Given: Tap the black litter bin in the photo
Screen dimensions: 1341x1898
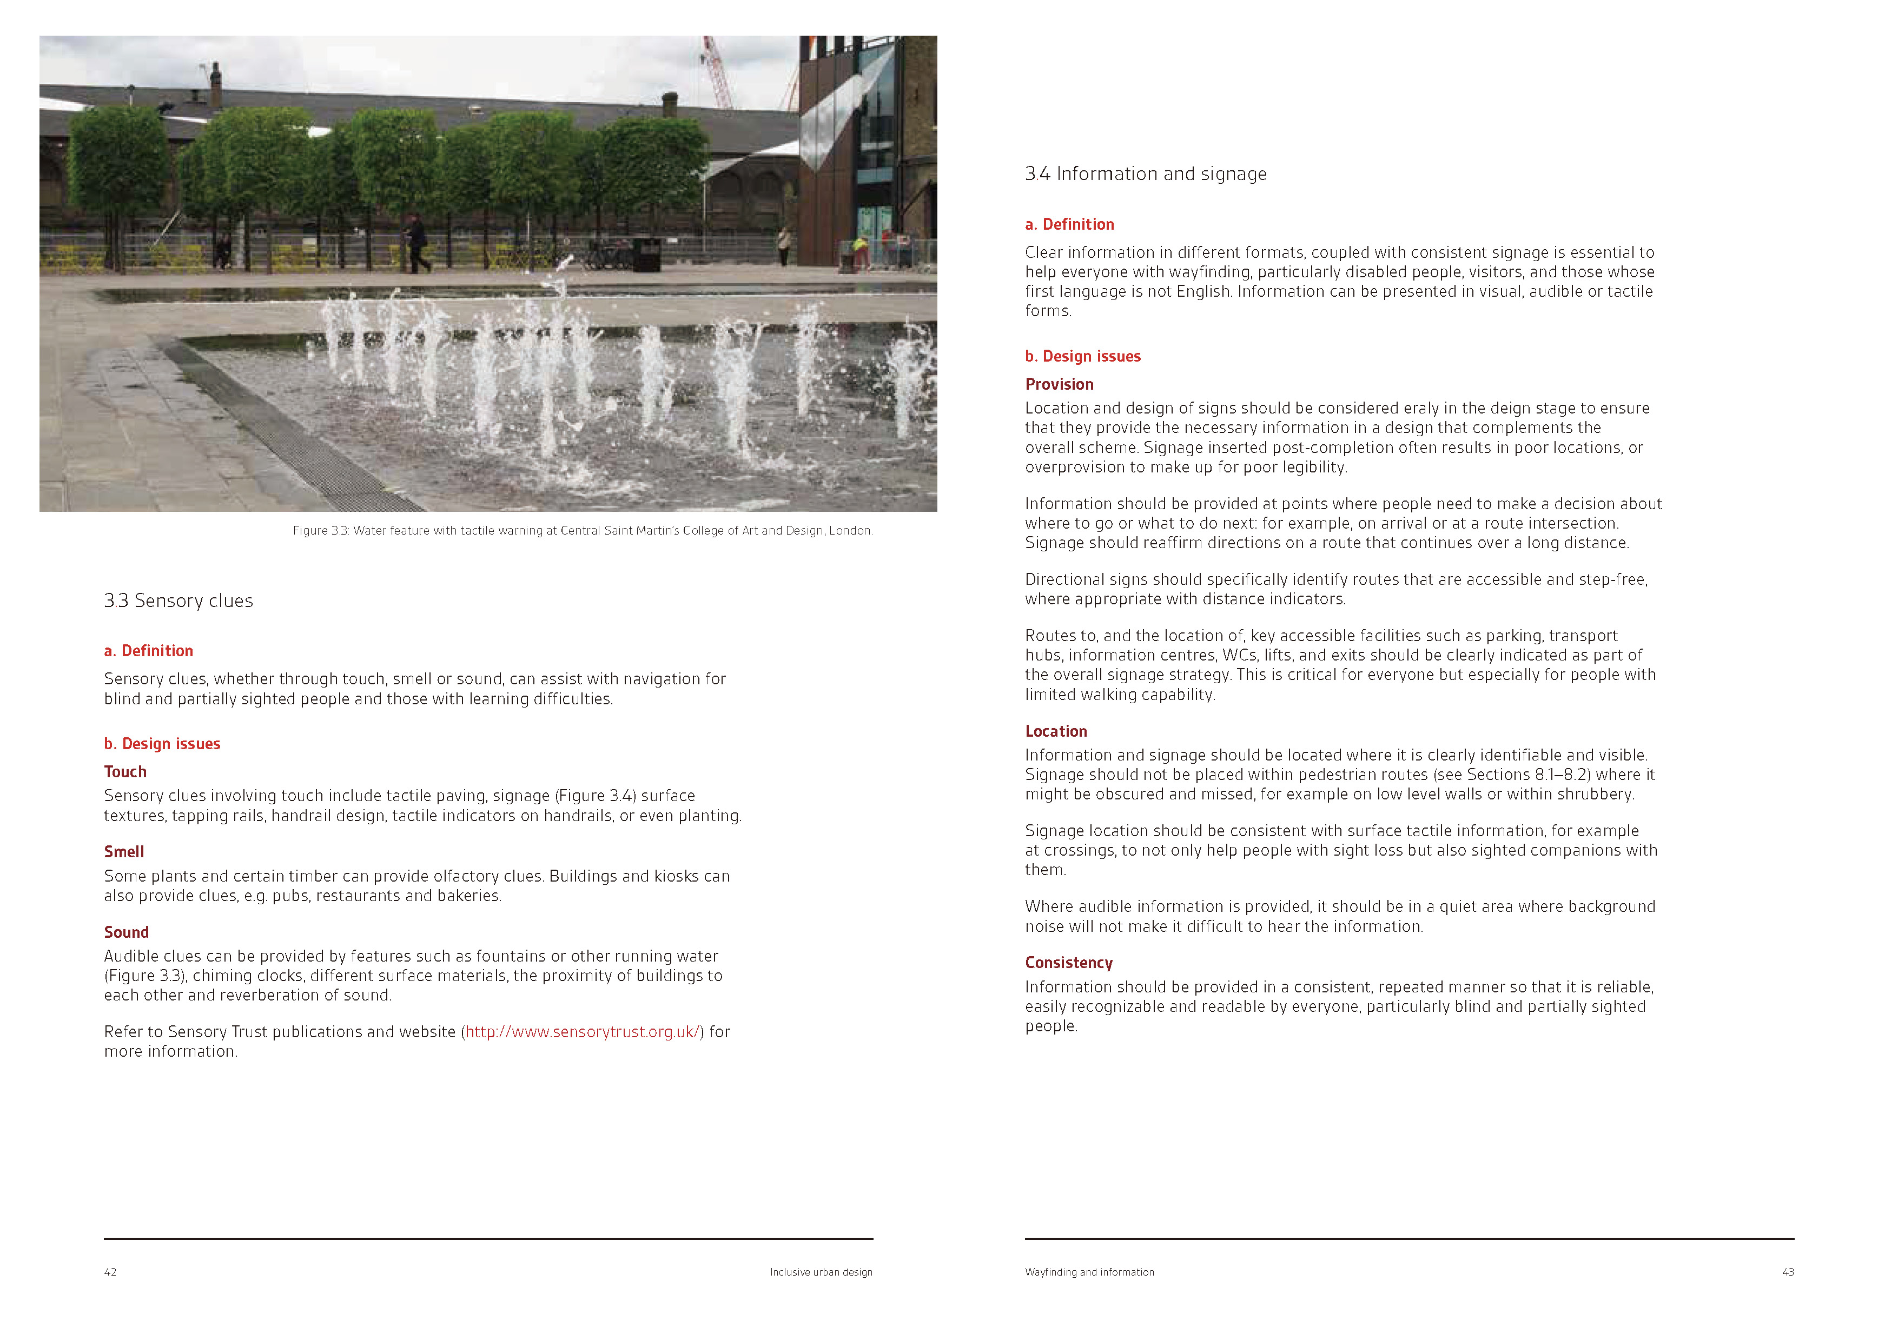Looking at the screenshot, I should (x=646, y=255).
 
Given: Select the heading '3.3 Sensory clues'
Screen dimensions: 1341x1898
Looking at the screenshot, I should (x=178, y=601).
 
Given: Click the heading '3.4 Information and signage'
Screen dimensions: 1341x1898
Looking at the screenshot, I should (x=1145, y=174).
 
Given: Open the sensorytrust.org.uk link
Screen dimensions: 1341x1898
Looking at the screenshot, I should (x=582, y=1032).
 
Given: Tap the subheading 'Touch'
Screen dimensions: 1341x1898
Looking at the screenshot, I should (x=125, y=772).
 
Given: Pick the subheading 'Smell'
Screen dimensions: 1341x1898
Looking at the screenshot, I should (x=124, y=852).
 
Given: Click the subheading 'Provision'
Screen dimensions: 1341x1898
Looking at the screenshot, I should (x=1059, y=384).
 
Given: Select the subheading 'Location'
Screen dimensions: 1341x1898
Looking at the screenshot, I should (x=1056, y=731).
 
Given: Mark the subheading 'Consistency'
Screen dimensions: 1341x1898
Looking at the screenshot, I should (x=1068, y=963).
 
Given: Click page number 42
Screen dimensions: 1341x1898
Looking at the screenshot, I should (x=110, y=1272).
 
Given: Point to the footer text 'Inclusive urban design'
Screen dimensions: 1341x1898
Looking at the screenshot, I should (x=821, y=1272).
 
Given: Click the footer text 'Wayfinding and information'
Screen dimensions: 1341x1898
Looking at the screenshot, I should (x=1089, y=1272).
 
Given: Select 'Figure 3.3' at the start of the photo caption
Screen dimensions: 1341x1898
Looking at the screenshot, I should (x=320, y=530).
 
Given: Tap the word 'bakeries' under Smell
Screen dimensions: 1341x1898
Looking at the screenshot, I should (x=467, y=896).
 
